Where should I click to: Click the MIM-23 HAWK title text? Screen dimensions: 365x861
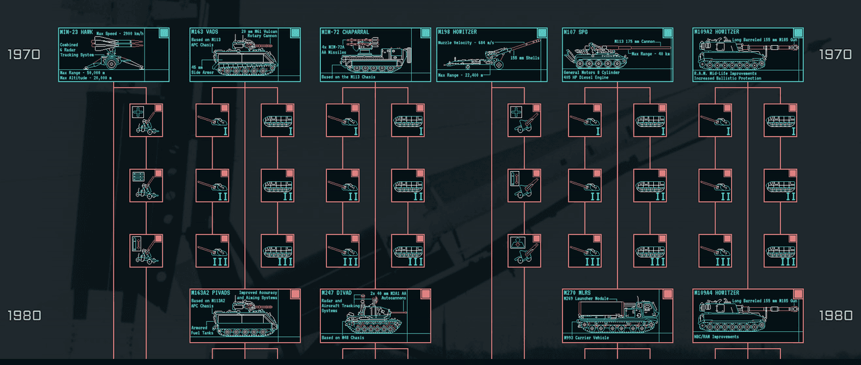pos(75,32)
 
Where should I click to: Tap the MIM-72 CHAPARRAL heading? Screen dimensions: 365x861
pos(344,32)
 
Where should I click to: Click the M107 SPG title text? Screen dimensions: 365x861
pos(576,32)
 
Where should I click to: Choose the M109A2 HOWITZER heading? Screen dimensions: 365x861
pos(717,32)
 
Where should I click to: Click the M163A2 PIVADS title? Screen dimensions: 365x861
pos(211,294)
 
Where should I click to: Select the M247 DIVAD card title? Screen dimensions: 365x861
pos(339,294)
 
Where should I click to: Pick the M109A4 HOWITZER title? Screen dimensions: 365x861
pos(717,294)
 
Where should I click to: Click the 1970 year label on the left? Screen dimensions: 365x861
pos(24,55)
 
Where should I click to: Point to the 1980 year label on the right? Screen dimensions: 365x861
pos(836,316)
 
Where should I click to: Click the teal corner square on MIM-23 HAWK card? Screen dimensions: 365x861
pos(163,33)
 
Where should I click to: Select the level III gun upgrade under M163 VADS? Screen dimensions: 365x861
pos(213,251)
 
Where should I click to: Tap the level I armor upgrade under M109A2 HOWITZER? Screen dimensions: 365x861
pos(780,121)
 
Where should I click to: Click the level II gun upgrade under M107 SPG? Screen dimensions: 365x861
pos(585,186)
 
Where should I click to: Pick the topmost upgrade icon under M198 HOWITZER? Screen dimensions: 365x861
pos(525,121)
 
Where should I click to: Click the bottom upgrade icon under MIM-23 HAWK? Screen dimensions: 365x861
pos(146,251)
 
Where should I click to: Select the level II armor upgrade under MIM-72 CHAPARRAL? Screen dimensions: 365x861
pos(408,186)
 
